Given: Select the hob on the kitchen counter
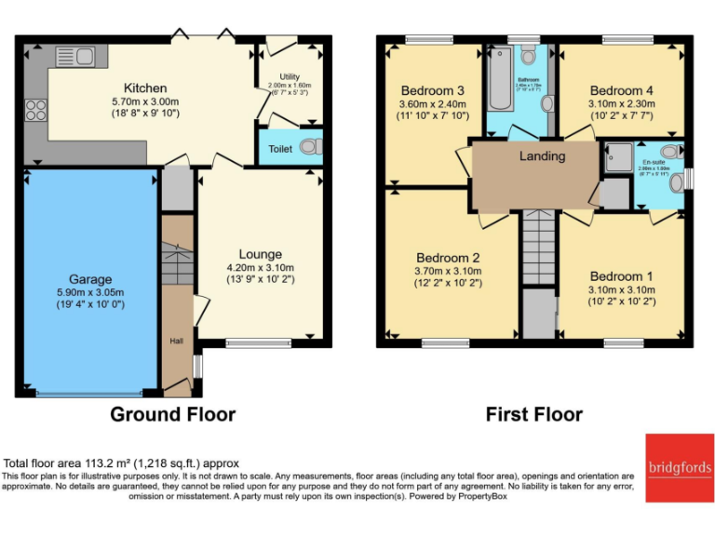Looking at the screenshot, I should pos(36,111).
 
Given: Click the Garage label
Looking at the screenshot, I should pos(90,278).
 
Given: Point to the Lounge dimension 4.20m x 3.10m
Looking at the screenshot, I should pos(260,268).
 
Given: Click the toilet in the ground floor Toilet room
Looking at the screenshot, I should pos(310,146).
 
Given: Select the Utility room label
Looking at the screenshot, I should pos(289,79).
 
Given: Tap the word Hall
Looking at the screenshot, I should pos(175,342).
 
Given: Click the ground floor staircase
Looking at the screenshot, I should pos(176,264).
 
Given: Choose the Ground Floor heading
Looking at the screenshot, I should pos(173,414).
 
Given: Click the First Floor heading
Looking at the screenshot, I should pos(534,414).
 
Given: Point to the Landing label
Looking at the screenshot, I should pos(542,156).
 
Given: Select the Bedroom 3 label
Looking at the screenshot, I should pos(432,90).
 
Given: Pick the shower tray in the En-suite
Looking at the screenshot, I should pos(616,159).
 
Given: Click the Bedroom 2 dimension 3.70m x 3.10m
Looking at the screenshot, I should pos(448,271).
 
